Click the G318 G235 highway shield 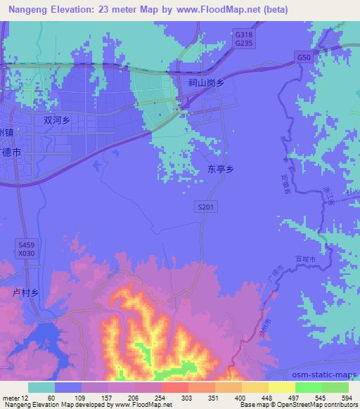pos(243,38)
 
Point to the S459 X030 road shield pos(25,248)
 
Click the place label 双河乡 pos(57,120)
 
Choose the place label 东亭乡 pos(221,169)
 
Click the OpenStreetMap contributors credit pos(320,405)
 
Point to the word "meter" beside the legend pos(12,397)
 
